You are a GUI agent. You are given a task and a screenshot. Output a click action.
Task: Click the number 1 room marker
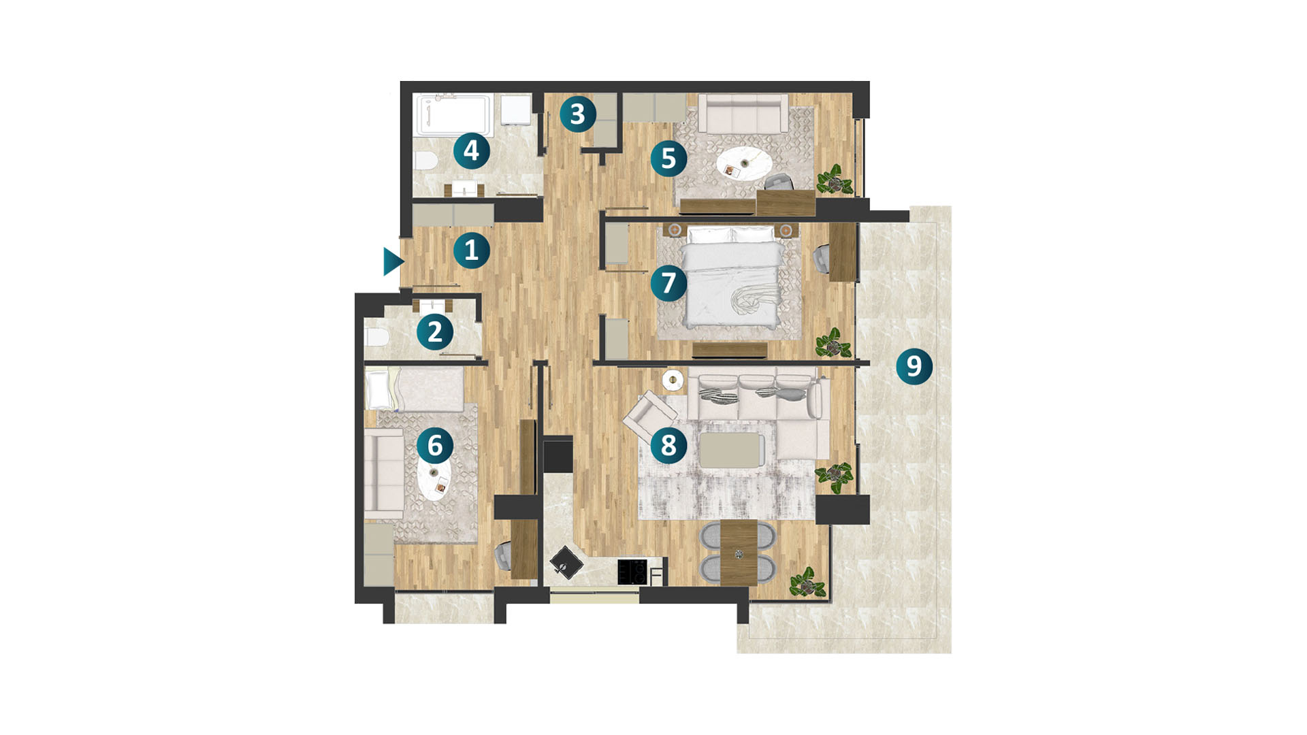tap(471, 250)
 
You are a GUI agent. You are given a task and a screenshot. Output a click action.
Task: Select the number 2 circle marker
tap(435, 332)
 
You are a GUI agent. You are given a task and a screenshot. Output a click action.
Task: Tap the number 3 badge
tap(578, 114)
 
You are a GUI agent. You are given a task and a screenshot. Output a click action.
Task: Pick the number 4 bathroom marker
tap(471, 150)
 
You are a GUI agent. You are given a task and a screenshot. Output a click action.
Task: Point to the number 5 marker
tap(668, 158)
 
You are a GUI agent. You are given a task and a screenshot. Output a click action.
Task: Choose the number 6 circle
tap(435, 445)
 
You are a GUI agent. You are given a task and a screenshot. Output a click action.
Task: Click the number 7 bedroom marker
tap(668, 282)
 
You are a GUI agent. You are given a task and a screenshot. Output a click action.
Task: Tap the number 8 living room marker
tap(668, 445)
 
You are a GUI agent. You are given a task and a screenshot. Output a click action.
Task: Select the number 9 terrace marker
tap(914, 366)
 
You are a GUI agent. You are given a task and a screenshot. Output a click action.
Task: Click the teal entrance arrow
tap(393, 262)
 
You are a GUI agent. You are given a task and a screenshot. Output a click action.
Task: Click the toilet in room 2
tap(376, 337)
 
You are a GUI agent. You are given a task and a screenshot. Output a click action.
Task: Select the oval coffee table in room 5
tap(744, 164)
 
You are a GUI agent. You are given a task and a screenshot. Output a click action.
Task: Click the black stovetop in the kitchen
tap(632, 572)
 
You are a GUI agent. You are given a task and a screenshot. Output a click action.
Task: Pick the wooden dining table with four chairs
tap(739, 553)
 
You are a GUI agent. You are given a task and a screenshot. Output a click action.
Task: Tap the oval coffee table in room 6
tap(435, 480)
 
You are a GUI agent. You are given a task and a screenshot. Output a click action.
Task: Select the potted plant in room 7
tap(833, 344)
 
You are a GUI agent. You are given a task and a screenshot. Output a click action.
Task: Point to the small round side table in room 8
tap(673, 380)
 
